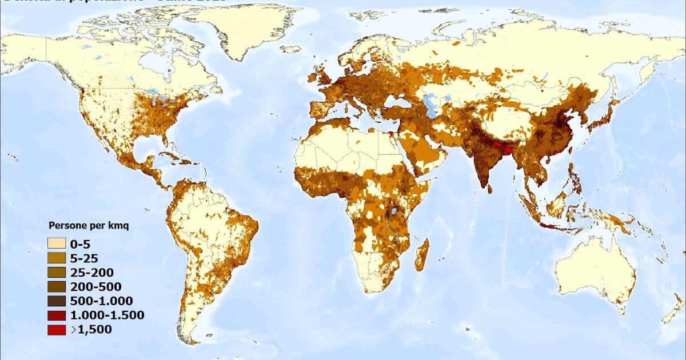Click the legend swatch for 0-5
[x=56, y=243]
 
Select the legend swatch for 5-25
[x=56, y=258]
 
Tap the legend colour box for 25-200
[x=56, y=272]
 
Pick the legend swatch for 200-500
[x=56, y=286]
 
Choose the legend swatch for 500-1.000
[x=56, y=301]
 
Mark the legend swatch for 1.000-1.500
[x=56, y=315]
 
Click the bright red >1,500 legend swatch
[x=56, y=329]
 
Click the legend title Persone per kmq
[x=89, y=225]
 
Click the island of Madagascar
[x=422, y=255]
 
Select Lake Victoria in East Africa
[x=394, y=211]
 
